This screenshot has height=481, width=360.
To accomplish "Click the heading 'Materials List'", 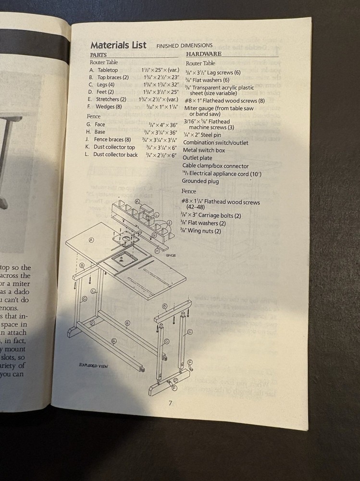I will point(118,45).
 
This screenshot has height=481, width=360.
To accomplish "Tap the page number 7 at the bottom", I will point(170,403).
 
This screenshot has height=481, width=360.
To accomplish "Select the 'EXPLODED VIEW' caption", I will point(94,366).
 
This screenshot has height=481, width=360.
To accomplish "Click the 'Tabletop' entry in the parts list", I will point(107,70).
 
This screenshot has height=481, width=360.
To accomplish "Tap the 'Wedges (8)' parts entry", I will point(108,107).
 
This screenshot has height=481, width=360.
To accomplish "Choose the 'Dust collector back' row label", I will point(115,155).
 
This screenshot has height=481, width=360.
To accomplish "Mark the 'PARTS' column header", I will point(99,55).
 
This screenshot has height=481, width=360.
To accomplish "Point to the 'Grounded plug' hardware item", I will point(200,181).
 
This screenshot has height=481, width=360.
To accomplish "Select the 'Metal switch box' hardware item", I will point(204,151).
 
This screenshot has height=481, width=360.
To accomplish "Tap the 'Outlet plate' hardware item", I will point(198,158).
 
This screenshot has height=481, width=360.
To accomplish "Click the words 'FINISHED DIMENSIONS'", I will point(184,46).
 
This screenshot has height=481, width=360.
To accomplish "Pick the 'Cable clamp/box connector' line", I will point(215,166).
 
